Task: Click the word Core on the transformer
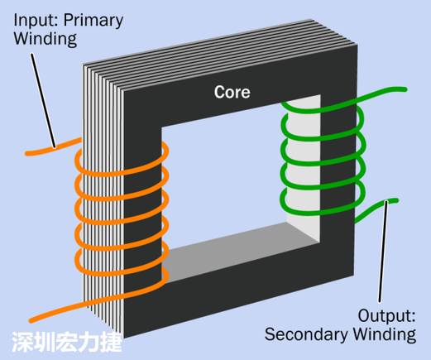[x=232, y=91]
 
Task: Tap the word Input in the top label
[x=29, y=19]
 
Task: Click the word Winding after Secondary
[x=386, y=334]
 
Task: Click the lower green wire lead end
[x=393, y=201]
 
